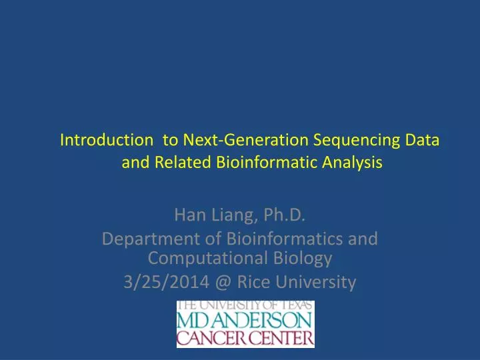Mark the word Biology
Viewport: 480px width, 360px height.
(301, 257)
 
